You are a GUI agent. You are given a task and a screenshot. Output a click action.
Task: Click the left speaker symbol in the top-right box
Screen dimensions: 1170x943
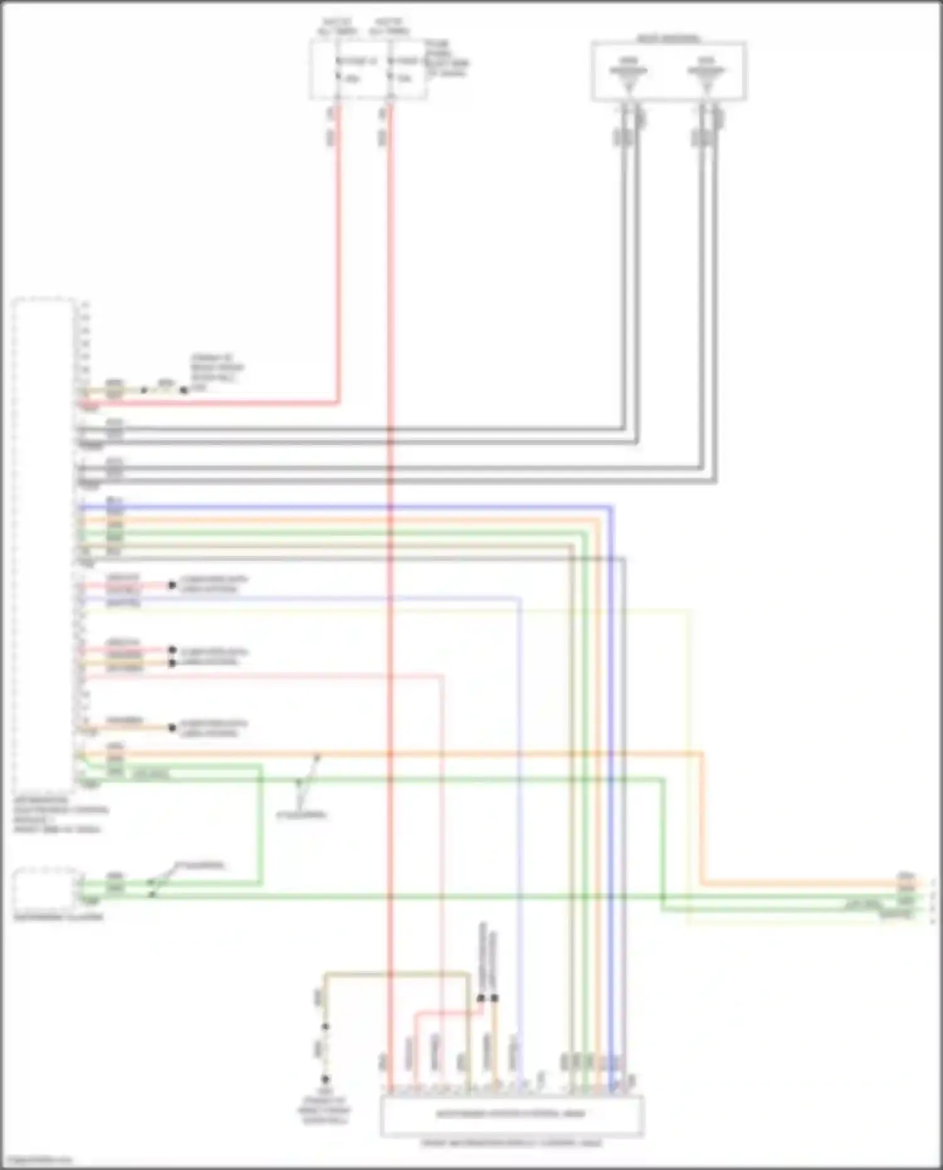[628, 74]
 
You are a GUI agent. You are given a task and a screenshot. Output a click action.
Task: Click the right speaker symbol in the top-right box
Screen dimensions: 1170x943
[706, 74]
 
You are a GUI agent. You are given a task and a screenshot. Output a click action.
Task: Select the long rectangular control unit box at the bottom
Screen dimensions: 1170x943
[511, 1115]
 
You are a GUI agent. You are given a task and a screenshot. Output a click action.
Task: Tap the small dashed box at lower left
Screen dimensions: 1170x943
[47, 887]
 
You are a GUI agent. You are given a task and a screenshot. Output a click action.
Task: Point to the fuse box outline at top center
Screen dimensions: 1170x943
[368, 69]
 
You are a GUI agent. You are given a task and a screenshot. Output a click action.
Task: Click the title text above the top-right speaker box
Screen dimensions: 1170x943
[668, 38]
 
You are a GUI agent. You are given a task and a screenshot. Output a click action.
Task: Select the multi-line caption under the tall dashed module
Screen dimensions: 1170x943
[60, 815]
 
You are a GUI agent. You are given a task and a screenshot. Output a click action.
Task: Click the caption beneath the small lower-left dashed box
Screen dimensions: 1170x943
[58, 917]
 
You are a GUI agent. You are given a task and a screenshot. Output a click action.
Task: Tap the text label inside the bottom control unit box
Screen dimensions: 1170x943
[510, 1113]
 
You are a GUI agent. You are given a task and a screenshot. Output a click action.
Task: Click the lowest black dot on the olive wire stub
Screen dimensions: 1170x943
[326, 1079]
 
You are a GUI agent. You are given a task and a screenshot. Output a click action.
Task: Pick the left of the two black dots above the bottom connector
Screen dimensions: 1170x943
[481, 998]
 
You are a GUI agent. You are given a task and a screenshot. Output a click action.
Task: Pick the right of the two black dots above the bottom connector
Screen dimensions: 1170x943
[495, 998]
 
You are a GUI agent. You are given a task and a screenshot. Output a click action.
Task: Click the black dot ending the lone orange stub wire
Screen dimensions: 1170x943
[172, 727]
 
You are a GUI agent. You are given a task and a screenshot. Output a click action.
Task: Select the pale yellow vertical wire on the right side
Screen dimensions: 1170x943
[690, 754]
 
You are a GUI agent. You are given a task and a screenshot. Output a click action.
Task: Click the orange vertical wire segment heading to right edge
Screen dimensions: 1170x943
[702, 817]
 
